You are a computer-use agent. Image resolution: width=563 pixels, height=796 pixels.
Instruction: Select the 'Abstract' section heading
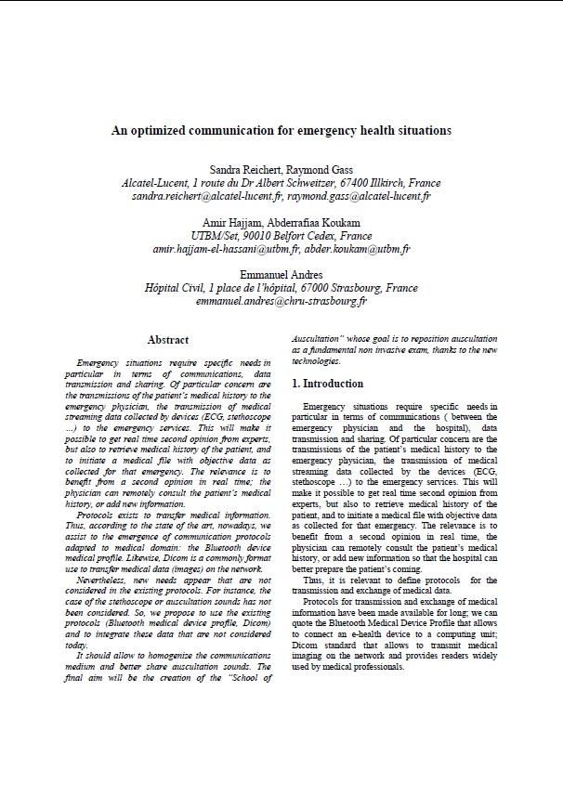(167, 340)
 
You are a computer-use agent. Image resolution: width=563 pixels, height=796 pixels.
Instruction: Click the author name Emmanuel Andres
(281, 276)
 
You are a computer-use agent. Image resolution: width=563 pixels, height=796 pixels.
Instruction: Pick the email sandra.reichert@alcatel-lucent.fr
(206, 197)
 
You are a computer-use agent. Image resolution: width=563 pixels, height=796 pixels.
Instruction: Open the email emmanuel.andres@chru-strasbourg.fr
(281, 302)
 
